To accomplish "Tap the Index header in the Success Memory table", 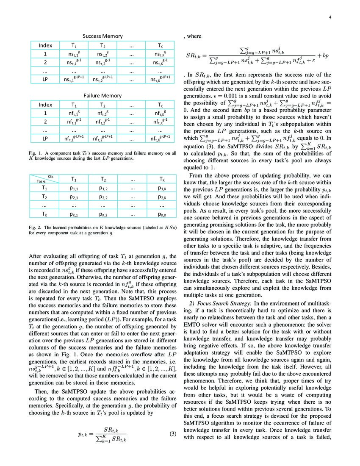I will pyautogui.click(x=45, y=45).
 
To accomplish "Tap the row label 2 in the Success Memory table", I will pyautogui.click(x=45, y=63).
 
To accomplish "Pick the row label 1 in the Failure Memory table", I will pyautogui.click(x=45, y=113).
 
